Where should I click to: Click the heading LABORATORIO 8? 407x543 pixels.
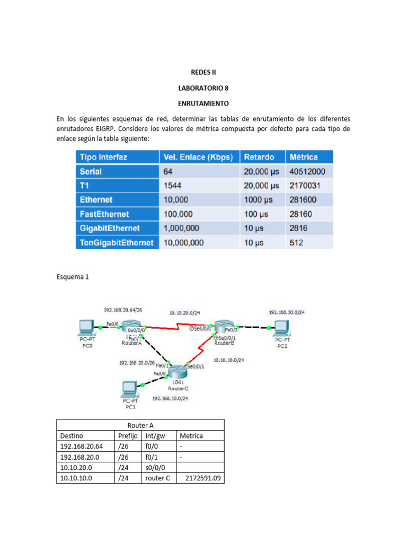tap(203, 87)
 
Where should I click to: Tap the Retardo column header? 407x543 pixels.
tap(260, 157)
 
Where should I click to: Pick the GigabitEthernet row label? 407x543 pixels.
tap(110, 228)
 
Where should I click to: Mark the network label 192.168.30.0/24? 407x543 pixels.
tap(287, 312)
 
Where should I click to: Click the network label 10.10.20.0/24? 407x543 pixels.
tap(184, 312)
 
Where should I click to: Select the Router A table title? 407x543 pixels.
tap(140, 425)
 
